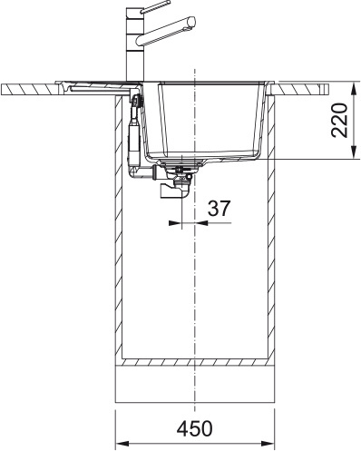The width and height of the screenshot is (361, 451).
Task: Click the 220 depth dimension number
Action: [x=339, y=121]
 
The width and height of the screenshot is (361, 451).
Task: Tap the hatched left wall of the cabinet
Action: [x=119, y=236]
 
